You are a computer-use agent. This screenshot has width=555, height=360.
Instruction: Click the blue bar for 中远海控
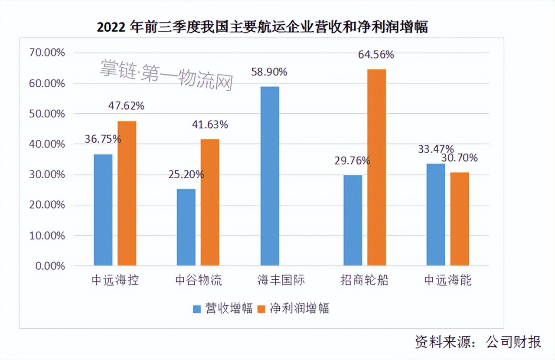click(103, 210)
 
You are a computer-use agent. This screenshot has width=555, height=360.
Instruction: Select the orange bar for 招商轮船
click(376, 167)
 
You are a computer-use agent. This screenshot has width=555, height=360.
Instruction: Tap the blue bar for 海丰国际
click(270, 176)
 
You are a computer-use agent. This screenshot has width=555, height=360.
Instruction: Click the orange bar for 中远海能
click(460, 219)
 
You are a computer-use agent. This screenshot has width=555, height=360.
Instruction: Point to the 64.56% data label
click(376, 55)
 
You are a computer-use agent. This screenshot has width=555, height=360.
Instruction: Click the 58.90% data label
click(269, 72)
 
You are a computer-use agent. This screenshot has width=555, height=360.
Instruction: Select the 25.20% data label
click(186, 174)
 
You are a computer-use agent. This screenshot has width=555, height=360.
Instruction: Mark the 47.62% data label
click(127, 106)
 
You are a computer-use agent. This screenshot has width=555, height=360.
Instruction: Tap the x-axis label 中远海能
click(448, 280)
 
